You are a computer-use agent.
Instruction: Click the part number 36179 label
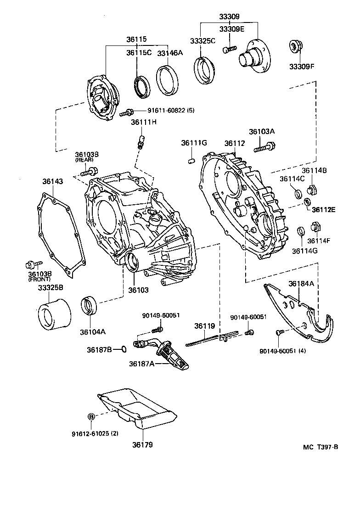click(142, 445)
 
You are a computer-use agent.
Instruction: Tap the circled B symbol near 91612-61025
click(91, 416)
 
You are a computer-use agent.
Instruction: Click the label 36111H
click(144, 122)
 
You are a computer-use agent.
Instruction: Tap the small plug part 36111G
click(192, 160)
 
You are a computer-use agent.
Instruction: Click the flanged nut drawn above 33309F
click(294, 47)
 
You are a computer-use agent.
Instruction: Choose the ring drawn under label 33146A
click(167, 80)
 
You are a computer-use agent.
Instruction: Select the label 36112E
click(324, 210)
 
